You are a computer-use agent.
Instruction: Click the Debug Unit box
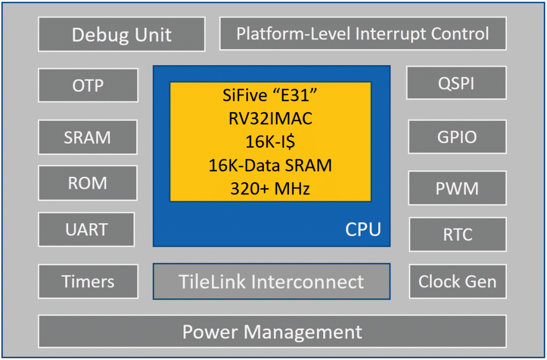[121, 35]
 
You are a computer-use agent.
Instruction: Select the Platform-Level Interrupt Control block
[363, 34]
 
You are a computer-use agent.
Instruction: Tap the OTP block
[88, 85]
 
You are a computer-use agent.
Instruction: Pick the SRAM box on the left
[88, 137]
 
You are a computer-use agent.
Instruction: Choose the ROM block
[88, 183]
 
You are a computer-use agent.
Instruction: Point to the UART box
[87, 230]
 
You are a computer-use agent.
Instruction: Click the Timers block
[88, 281]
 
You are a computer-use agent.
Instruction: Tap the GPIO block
[457, 137]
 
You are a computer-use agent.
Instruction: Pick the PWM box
[457, 188]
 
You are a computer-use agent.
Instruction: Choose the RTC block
[457, 234]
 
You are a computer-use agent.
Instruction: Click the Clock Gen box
[457, 281]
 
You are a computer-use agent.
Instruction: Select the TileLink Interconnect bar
[271, 281]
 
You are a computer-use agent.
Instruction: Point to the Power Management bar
[272, 332]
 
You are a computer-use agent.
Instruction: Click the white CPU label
[363, 229]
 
